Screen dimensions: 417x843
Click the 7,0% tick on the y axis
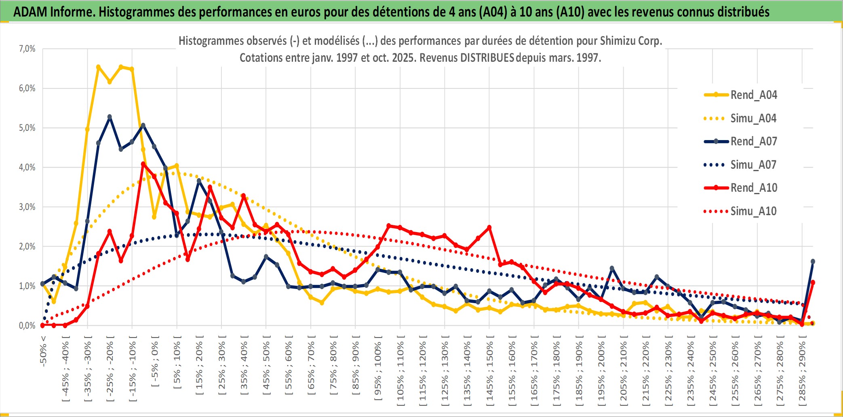[27, 49]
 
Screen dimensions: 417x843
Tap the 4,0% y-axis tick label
[27, 167]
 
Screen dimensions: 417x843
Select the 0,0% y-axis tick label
[27, 325]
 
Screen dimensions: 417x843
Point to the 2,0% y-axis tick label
[27, 246]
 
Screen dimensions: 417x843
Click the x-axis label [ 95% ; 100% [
[378, 371]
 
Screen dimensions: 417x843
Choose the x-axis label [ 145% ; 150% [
[489, 371]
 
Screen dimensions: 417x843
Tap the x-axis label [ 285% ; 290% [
[802, 371]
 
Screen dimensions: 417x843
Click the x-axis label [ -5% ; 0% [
[155, 361]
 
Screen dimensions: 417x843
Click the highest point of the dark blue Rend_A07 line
[110, 117]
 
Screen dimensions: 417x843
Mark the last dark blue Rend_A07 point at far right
[813, 262]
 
